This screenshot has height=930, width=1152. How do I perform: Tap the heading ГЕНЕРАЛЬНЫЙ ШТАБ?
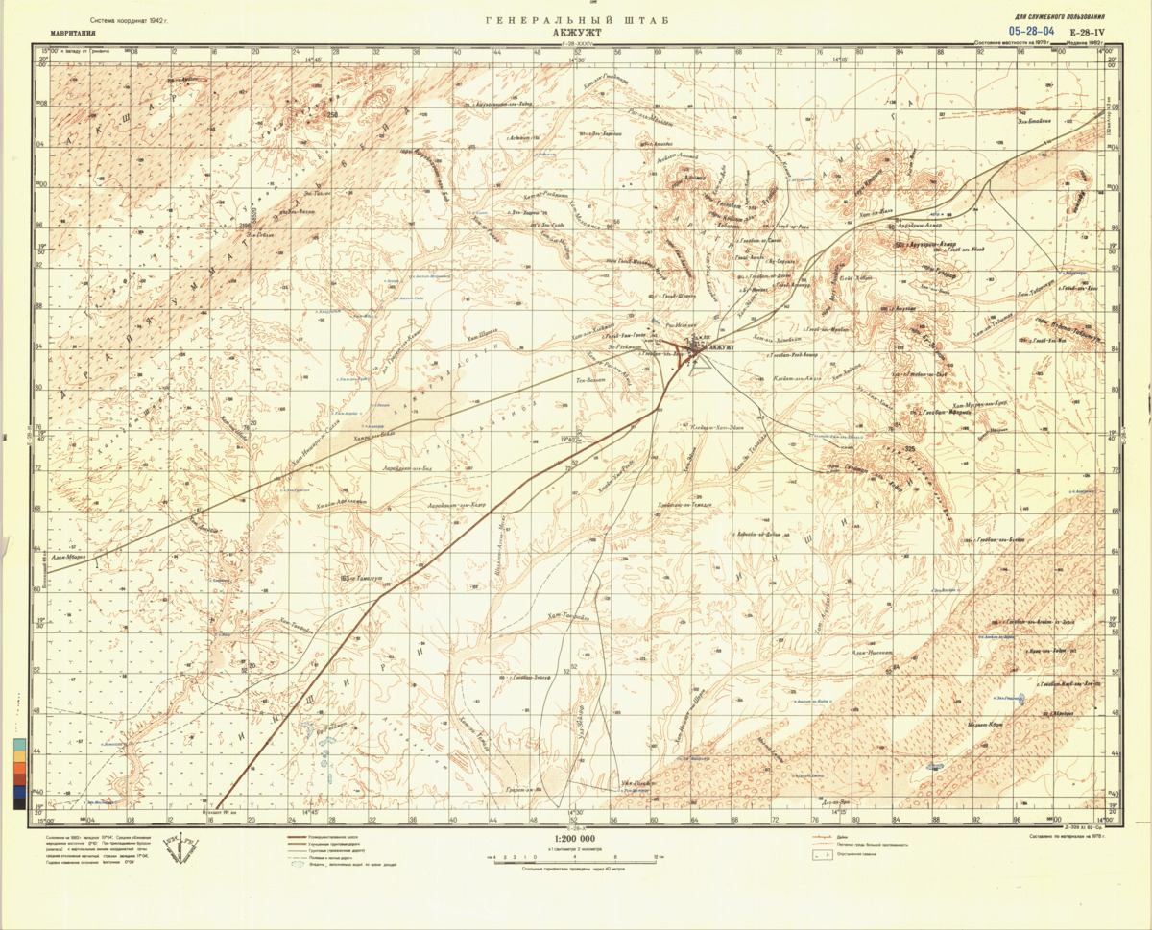pos(577,20)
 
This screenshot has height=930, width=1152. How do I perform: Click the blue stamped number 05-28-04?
pos(1032,32)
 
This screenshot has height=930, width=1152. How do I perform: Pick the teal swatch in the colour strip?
pos(20,743)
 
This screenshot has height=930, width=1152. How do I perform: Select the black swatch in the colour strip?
pos(20,804)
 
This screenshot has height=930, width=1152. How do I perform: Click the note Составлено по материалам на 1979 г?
pos(1066,837)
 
